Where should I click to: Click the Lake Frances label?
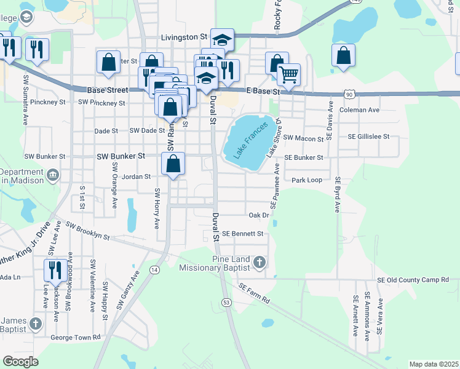pyautogui.click(x=252, y=138)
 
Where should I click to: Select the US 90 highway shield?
pyautogui.click(x=349, y=93)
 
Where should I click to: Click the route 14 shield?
pyautogui.click(x=154, y=270)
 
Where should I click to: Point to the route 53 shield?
pyautogui.click(x=227, y=302)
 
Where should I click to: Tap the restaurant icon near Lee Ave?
pyautogui.click(x=55, y=270)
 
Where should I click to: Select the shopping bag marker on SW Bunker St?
pyautogui.click(x=174, y=164)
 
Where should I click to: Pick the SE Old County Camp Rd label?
pyautogui.click(x=413, y=280)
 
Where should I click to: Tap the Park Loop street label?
pyautogui.click(x=307, y=180)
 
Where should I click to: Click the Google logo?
pyautogui.click(x=21, y=362)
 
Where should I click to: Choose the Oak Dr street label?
pyautogui.click(x=259, y=215)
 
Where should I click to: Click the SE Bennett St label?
pyautogui.click(x=242, y=234)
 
